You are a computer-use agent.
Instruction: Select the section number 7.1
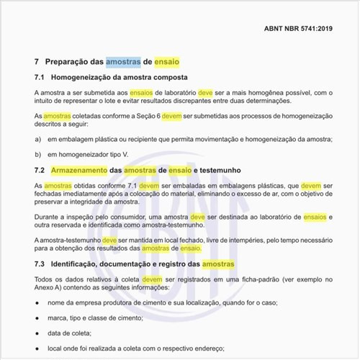[40, 76]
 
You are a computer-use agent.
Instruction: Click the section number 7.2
[40, 169]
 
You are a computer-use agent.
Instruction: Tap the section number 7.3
[40, 264]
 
